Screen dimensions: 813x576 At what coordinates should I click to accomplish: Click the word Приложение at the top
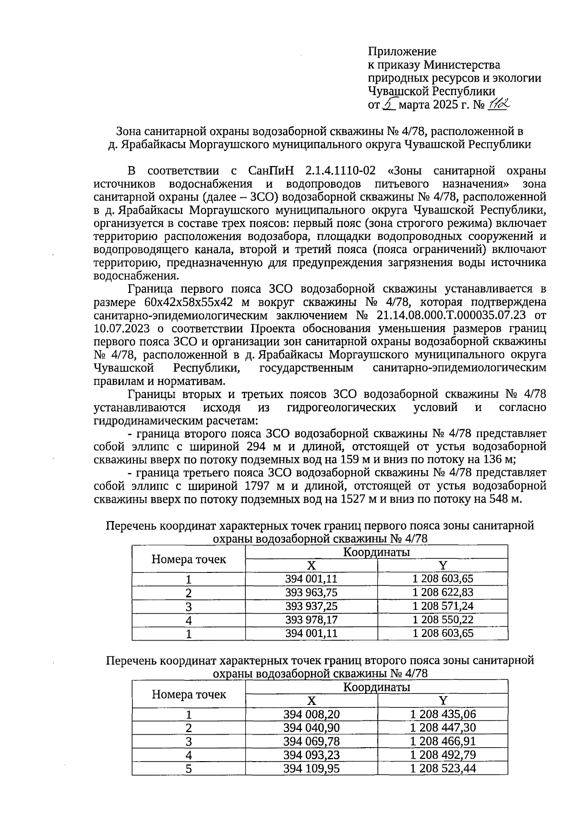pos(402,51)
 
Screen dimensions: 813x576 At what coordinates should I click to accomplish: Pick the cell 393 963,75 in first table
pos(311,593)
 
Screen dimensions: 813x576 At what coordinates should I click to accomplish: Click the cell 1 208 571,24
pos(443,606)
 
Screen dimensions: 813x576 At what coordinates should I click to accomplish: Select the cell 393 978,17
pos(311,620)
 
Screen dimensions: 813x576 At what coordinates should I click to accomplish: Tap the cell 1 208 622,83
pos(443,593)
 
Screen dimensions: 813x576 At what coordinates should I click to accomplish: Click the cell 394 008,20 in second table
pos(311,715)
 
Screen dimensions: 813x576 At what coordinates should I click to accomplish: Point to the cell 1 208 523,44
pos(443,769)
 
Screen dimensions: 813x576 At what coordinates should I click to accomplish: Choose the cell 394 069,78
pos(311,741)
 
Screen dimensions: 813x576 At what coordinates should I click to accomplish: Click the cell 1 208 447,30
pos(443,728)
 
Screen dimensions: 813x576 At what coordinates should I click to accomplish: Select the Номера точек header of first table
pos(189,559)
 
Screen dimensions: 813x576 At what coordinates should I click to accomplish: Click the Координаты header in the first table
pos(376,552)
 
